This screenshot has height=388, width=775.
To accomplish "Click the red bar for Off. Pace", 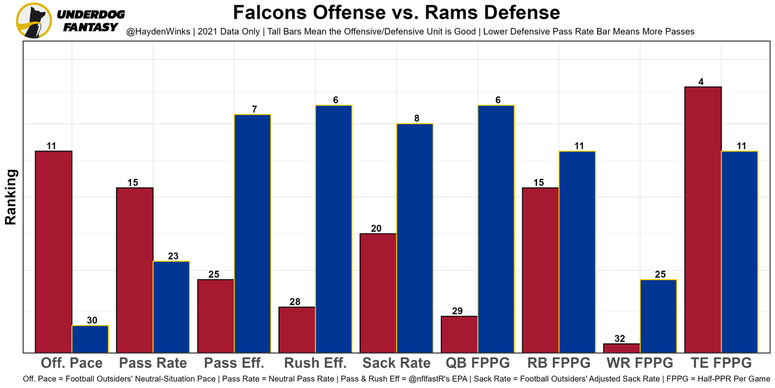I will point(54,252).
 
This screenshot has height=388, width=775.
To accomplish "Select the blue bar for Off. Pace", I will point(90,339).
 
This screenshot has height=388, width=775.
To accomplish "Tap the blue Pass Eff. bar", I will point(252,233).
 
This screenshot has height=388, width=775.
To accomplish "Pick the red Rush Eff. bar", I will point(297,330).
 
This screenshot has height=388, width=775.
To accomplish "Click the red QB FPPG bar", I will point(460,334).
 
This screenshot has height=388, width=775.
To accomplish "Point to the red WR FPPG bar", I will point(622,348).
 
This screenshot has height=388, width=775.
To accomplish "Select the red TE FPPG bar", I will point(703,219).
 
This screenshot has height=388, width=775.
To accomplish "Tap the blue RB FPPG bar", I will point(577,252).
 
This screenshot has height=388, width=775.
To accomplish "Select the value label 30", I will point(92,320).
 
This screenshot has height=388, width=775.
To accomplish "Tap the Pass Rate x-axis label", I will point(153,363).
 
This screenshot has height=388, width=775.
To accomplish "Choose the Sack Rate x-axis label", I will point(397,363).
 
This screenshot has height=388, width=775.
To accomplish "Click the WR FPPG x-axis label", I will point(640,363).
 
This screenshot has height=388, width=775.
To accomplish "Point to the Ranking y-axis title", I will point(11,197).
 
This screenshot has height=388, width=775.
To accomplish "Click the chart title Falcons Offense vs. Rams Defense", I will point(397,13).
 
